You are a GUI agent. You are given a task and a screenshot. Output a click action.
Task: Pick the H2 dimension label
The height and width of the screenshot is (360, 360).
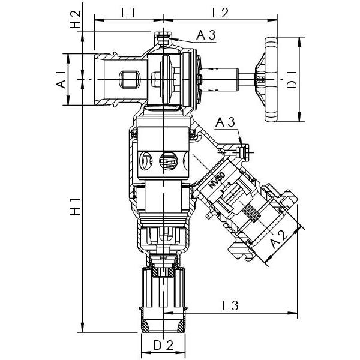pyautogui.click(x=75, y=20)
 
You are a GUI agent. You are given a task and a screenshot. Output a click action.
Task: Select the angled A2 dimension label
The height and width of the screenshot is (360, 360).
pyautogui.click(x=277, y=242)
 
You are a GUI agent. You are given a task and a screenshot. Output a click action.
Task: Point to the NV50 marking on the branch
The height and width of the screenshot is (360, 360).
pyautogui.click(x=217, y=181)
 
